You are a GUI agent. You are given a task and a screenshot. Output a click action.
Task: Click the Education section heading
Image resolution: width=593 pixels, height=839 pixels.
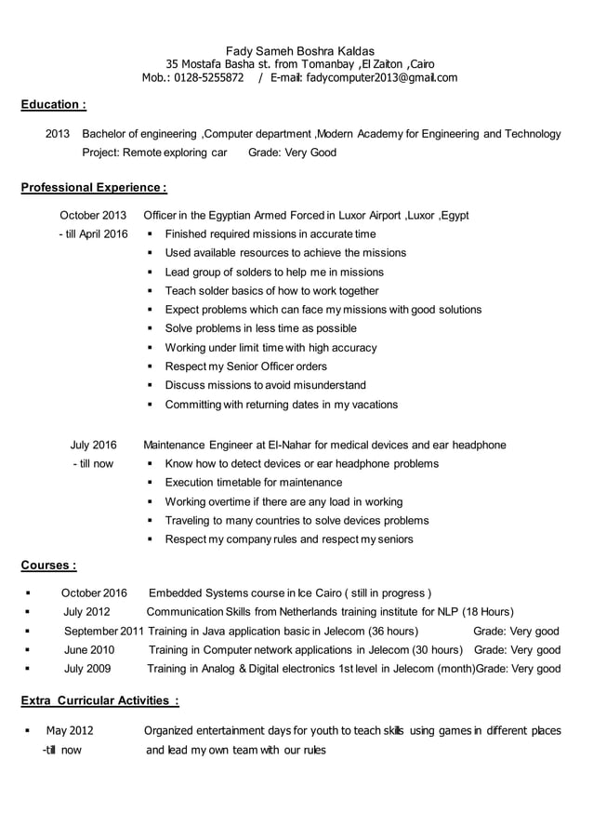click(54, 106)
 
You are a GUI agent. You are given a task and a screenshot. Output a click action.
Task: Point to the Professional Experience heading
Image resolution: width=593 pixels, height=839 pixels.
click(93, 188)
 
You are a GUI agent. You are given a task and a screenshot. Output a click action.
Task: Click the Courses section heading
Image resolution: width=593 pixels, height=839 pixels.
click(48, 565)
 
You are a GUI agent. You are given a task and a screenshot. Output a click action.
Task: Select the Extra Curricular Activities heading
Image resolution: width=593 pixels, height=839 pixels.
click(99, 700)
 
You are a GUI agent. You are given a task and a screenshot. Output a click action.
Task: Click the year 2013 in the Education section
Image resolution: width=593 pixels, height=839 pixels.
click(58, 134)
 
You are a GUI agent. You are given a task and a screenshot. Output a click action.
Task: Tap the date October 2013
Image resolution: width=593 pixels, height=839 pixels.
click(93, 215)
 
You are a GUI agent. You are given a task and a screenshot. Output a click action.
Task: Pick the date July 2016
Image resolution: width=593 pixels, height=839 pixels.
click(93, 445)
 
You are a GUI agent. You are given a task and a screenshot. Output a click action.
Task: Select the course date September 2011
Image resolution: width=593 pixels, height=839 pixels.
click(103, 631)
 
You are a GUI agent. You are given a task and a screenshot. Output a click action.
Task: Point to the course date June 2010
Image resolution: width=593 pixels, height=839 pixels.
click(89, 649)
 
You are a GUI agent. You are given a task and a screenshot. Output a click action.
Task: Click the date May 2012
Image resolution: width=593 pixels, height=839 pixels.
click(70, 731)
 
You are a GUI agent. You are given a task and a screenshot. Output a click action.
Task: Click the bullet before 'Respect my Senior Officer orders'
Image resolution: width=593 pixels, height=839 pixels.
click(150, 366)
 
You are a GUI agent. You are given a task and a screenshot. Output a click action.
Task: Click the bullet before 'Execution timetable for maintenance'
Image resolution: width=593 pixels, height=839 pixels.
click(150, 483)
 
